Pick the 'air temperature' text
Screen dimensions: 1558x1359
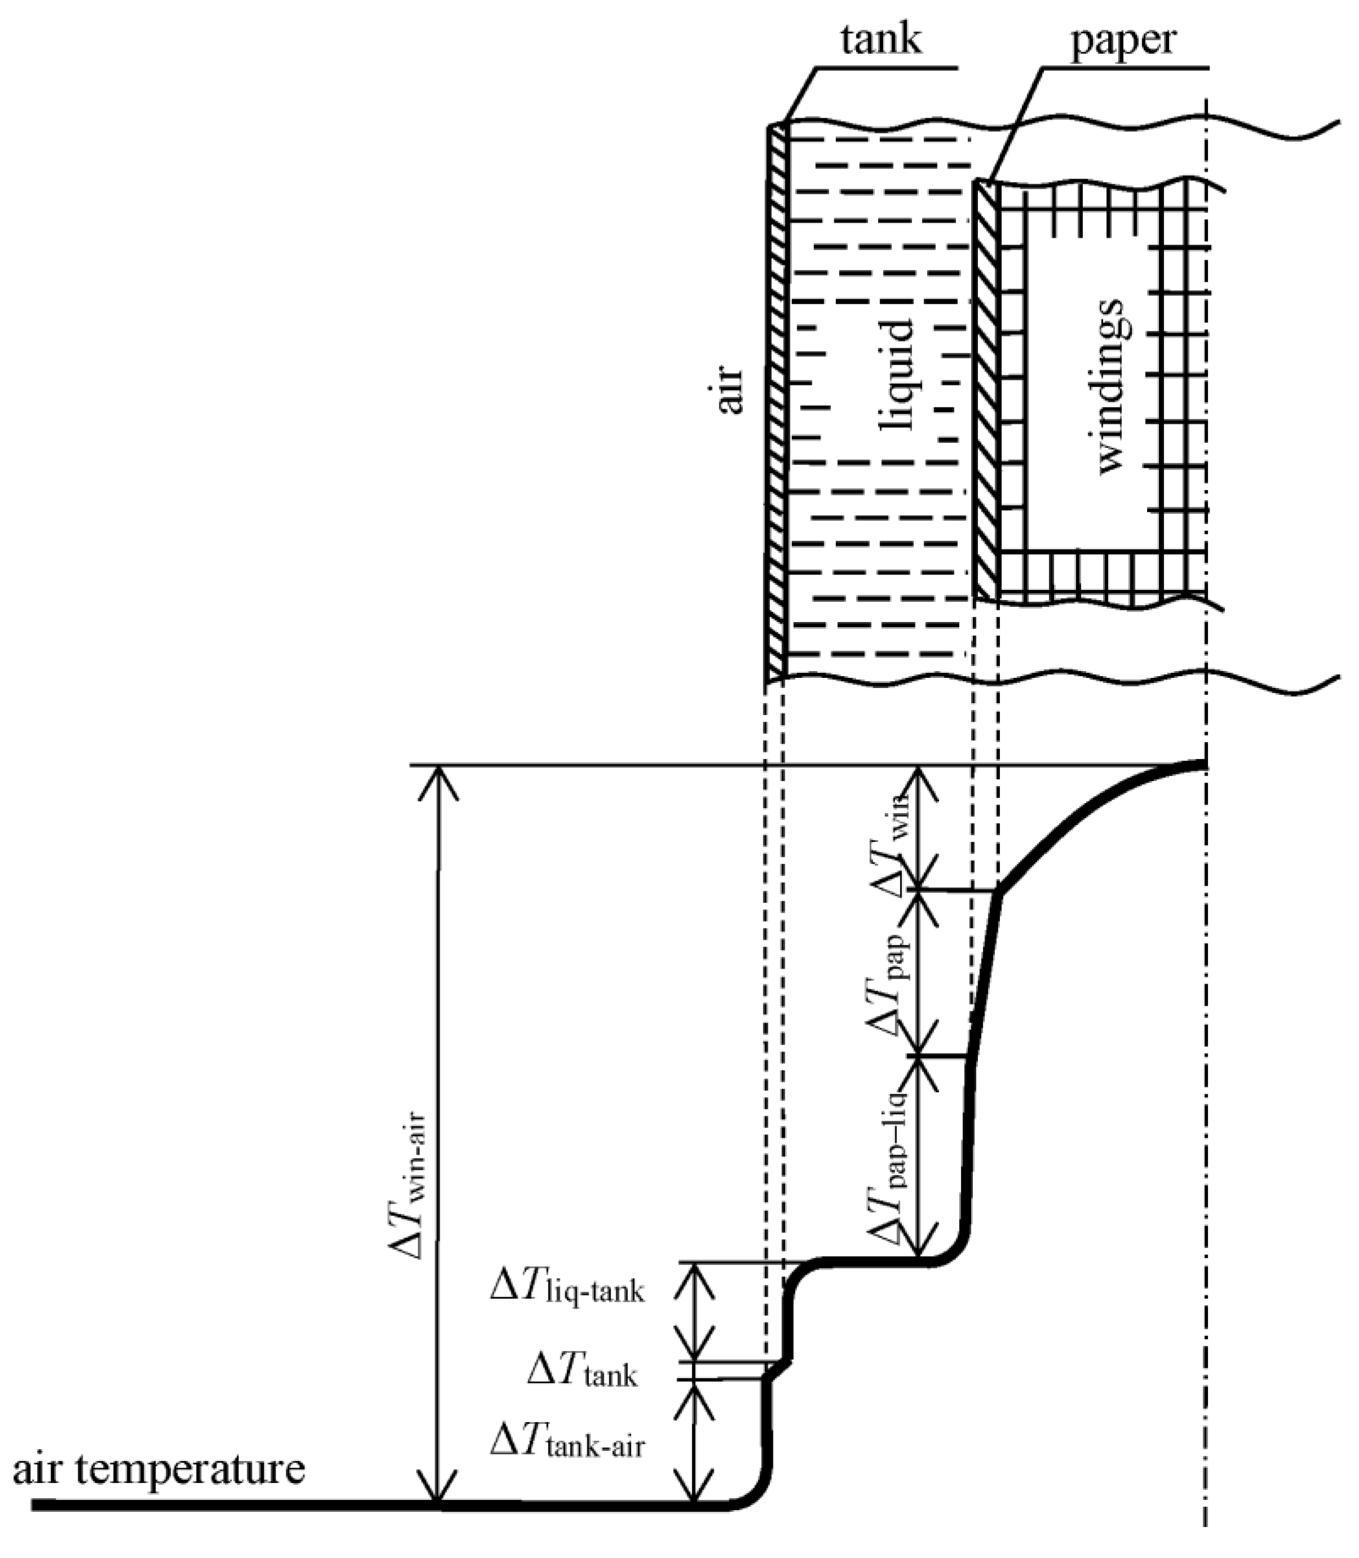click(160, 1468)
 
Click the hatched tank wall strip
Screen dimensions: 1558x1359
click(775, 402)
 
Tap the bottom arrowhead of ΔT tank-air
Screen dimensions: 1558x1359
click(694, 1490)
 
